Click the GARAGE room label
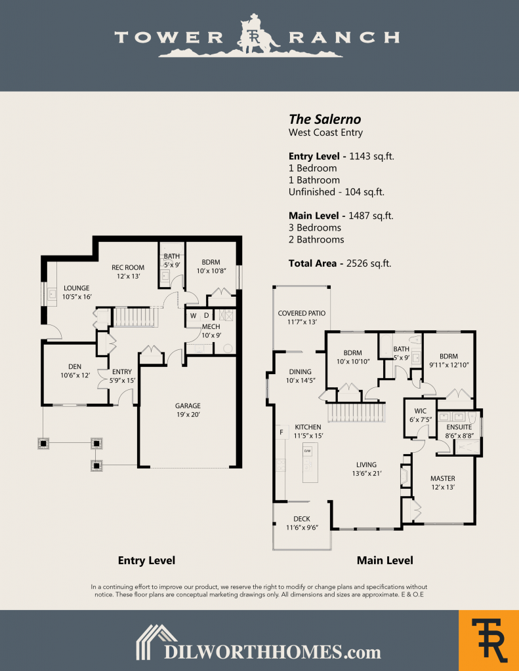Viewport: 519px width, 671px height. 188,406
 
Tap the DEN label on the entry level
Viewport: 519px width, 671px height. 74,366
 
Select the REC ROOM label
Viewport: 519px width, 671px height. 128,267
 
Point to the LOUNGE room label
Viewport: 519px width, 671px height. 76,288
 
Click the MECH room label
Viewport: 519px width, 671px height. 211,326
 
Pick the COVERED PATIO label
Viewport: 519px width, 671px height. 301,313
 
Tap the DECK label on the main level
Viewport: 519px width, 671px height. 302,519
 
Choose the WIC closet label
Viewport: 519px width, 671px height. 420,411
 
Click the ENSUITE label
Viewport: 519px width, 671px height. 459,427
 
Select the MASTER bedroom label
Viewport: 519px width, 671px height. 443,478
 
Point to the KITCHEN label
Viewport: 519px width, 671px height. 308,427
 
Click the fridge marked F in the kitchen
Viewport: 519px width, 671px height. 281,432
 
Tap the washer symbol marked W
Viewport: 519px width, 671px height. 193,316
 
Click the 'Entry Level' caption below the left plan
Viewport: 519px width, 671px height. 146,560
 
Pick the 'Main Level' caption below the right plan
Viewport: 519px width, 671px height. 384,560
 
